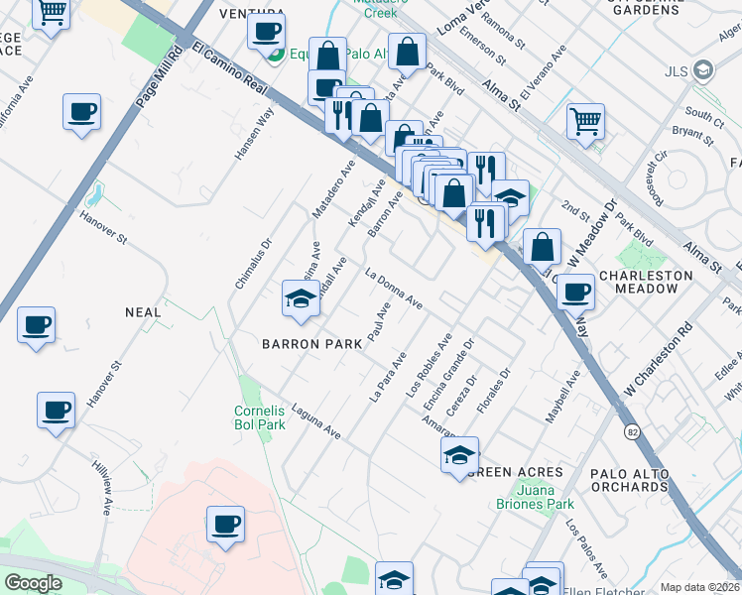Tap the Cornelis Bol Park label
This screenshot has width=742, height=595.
(x=259, y=417)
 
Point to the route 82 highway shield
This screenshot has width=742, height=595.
(x=631, y=431)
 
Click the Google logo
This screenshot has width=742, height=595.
(x=33, y=583)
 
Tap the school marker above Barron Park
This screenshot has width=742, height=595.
(x=299, y=298)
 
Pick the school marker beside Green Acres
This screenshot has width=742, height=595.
(x=459, y=457)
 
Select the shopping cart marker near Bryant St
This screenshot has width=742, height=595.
(x=585, y=122)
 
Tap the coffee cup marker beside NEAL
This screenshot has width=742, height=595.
(x=36, y=325)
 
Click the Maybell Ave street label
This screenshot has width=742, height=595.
(x=561, y=397)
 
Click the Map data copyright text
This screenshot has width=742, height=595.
(x=700, y=587)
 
